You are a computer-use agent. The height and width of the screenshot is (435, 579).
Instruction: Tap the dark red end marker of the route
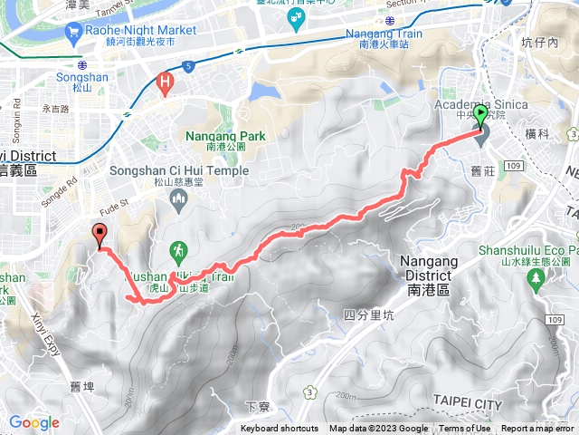[99, 234]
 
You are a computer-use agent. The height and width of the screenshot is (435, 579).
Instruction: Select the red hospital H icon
[164, 82]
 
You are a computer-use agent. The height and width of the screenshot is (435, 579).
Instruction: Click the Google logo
[34, 422]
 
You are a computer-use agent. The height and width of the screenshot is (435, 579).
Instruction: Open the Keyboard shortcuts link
[280, 429]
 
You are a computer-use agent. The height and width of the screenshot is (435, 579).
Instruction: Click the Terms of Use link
[465, 429]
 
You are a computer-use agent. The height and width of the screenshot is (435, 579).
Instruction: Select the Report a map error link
[538, 429]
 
